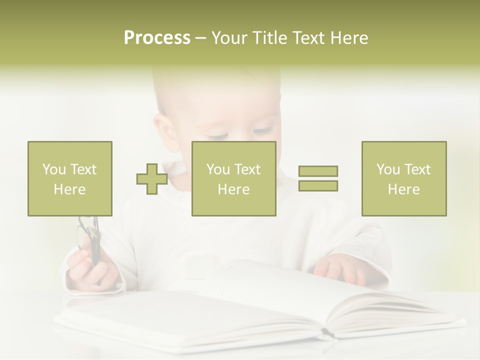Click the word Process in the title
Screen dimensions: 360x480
[157, 38]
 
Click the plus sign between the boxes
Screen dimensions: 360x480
[152, 179]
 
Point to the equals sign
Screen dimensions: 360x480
[318, 178]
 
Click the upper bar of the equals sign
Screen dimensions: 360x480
[318, 171]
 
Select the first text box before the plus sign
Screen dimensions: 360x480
[69, 178]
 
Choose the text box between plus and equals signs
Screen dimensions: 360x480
[233, 178]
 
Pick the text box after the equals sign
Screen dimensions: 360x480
[403, 178]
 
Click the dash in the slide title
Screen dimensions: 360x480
[200, 38]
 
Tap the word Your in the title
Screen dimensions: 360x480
[230, 38]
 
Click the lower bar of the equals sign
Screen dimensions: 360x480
[318, 186]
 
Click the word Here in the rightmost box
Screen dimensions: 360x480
[403, 189]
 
